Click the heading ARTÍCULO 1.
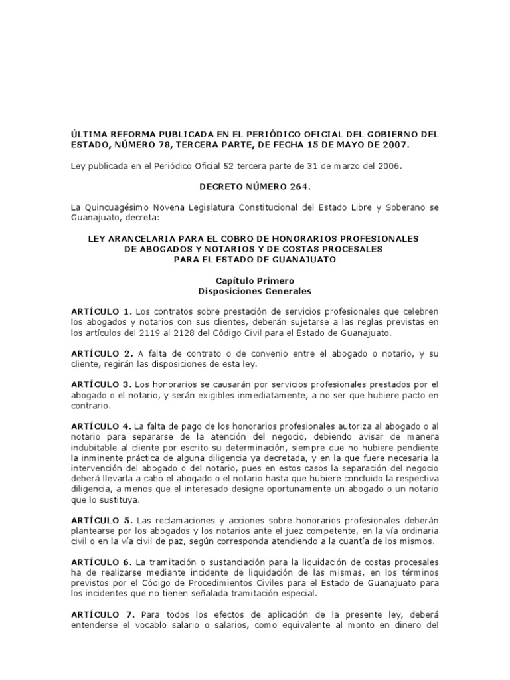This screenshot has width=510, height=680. point(102,311)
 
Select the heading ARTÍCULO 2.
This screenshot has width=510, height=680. point(102,353)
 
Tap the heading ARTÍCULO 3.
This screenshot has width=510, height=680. point(102,384)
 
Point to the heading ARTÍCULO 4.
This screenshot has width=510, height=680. point(102,426)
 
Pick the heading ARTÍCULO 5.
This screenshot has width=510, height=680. point(102,520)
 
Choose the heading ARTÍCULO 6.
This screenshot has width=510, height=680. point(102,561)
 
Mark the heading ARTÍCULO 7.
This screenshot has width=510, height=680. point(102,602)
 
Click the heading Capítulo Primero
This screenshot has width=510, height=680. point(254,281)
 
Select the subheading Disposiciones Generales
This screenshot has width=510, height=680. point(254,291)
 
